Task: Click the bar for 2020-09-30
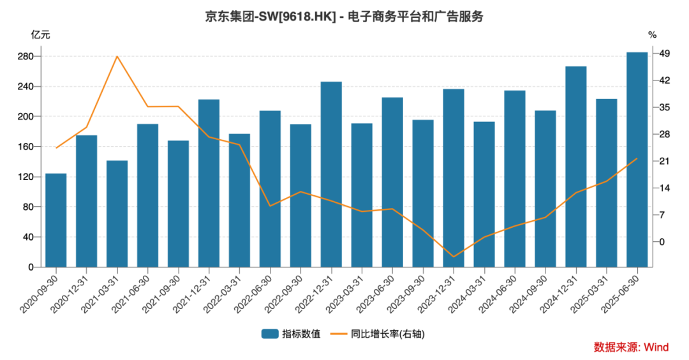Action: click(56, 220)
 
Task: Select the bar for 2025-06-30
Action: click(637, 160)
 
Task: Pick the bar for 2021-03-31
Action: click(117, 214)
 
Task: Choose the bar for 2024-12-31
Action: click(575, 167)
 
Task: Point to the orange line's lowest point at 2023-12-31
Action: click(454, 257)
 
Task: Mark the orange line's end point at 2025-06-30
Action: click(637, 158)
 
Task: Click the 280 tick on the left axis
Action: click(26, 56)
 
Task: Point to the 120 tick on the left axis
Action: click(26, 177)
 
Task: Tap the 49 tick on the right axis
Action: click(664, 54)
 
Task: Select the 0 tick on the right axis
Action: click(662, 242)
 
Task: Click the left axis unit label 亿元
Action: click(40, 34)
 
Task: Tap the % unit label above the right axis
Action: click(652, 34)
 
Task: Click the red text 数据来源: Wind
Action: click(631, 347)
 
